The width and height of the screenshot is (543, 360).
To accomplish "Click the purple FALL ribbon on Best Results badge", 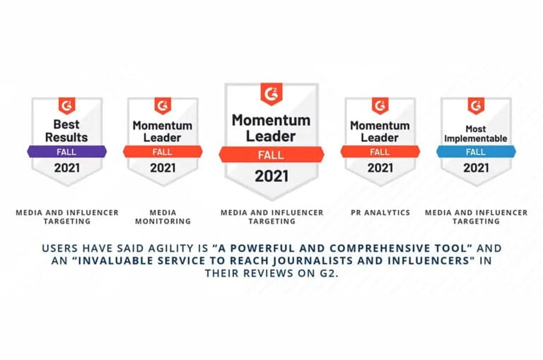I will coord(66,151).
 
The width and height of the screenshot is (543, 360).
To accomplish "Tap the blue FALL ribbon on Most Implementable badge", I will coord(475,151).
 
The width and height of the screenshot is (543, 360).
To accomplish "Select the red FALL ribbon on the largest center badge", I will coord(271,154).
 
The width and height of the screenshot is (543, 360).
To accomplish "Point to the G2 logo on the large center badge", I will coord(271,93).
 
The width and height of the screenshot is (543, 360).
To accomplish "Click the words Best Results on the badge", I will coord(66,129).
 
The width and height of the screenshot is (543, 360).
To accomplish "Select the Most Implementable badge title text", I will coord(476,134).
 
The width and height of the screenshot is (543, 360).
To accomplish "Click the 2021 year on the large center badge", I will coord(271,176).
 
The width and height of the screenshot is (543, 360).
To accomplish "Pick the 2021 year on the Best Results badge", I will coord(66,168).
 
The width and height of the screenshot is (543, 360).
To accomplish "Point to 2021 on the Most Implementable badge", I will coord(476,168).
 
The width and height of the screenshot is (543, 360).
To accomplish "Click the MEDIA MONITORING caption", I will coord(163,216).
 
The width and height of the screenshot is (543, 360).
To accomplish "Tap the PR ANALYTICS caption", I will coord(380,212).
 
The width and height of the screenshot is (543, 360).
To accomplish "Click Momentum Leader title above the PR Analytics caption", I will coord(380,132).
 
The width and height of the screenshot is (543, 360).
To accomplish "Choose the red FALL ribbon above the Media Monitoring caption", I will coord(163,151).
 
